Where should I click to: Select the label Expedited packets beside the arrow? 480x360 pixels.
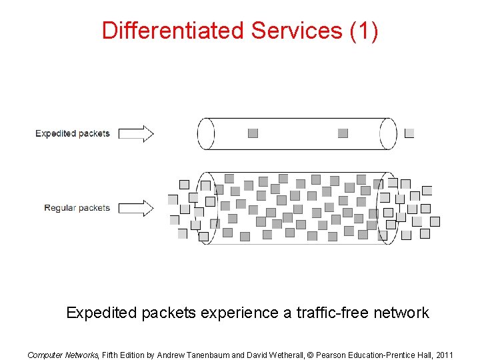[73, 133]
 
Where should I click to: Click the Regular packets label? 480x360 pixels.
[77, 208]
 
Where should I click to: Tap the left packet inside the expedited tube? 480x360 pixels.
[253, 133]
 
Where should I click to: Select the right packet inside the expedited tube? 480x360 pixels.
[343, 133]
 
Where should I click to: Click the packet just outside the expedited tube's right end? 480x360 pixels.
[409, 133]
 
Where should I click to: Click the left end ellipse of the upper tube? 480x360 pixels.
[206, 133]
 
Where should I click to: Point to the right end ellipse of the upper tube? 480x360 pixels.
[388, 133]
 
